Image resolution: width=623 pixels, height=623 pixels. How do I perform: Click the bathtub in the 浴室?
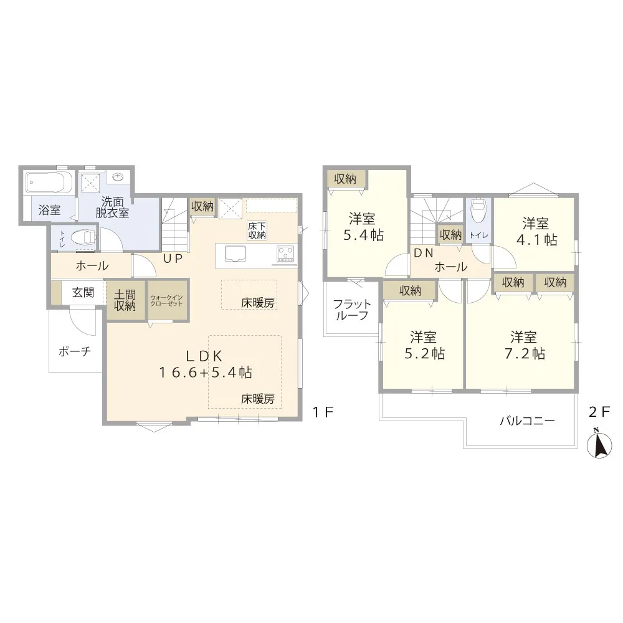(49, 184)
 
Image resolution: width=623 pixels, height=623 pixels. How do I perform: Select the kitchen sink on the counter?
(235, 254)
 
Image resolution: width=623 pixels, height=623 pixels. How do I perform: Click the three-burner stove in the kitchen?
(285, 254)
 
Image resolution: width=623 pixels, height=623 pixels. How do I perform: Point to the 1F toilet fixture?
(84, 239)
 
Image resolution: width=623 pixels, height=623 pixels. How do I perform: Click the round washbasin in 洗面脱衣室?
(118, 176)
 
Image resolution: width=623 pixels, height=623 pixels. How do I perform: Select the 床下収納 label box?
(257, 231)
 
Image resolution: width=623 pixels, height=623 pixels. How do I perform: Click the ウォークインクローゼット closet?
(167, 300)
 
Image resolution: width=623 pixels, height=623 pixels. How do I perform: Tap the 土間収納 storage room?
(125, 300)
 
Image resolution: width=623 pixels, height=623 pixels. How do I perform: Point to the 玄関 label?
(83, 293)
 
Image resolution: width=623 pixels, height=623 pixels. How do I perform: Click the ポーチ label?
(75, 351)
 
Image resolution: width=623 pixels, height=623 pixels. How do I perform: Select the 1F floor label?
(322, 412)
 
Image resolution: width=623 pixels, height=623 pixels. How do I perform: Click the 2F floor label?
(599, 412)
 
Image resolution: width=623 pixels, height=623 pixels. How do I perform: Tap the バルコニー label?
(527, 421)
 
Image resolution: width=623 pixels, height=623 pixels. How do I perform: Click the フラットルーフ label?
(351, 310)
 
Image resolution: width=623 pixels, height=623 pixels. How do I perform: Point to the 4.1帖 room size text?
(537, 240)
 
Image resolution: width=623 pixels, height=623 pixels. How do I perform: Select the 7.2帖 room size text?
(525, 353)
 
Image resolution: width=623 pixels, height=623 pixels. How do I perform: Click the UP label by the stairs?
(173, 259)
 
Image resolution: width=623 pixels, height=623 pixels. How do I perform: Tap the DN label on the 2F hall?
(424, 253)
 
